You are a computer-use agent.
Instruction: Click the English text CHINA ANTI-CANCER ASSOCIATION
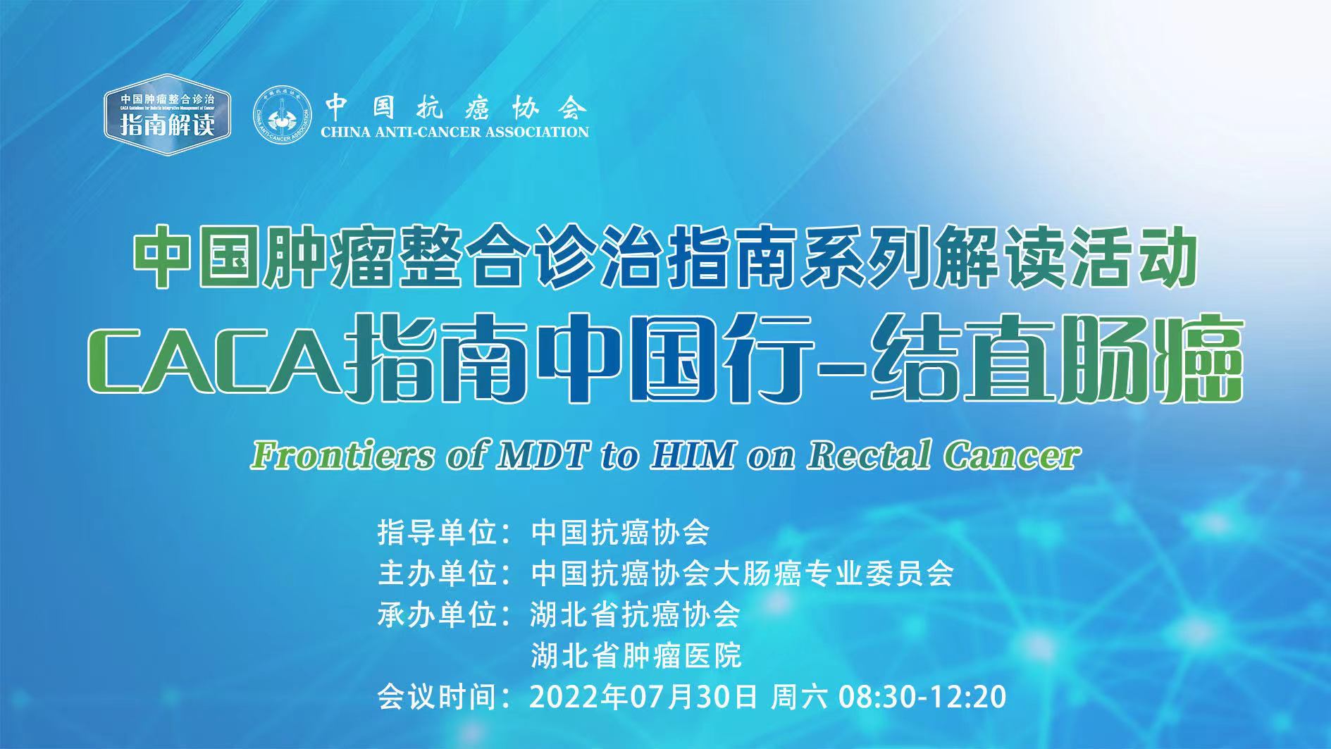coord(454,132)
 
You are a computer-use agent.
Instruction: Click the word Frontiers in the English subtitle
coord(342,455)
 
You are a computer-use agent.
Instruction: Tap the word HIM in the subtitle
coord(693,455)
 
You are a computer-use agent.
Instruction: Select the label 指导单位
coord(438,533)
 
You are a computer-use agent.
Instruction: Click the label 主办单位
coord(438,574)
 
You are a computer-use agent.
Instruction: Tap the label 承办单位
coord(438,615)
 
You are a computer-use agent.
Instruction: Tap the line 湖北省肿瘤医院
coord(636,656)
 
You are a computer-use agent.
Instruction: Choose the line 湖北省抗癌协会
coord(636,615)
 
